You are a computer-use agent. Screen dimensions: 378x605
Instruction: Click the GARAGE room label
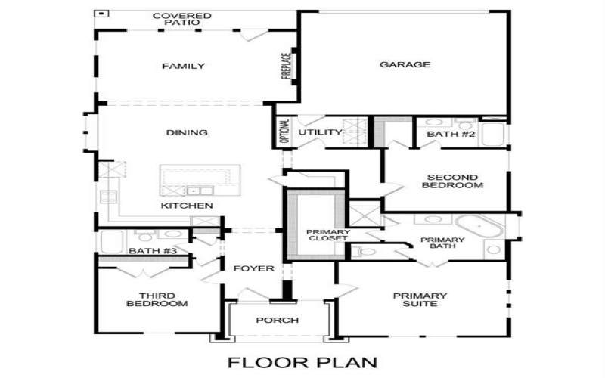pyautogui.click(x=405, y=65)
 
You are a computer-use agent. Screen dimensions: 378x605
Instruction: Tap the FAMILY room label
pyautogui.click(x=184, y=67)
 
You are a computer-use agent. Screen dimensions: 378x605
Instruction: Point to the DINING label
pyautogui.click(x=187, y=133)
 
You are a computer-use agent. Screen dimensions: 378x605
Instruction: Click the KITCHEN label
pyautogui.click(x=187, y=206)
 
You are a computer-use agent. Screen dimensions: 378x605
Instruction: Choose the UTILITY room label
pyautogui.click(x=320, y=133)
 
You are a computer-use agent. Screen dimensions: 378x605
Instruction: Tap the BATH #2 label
pyautogui.click(x=451, y=134)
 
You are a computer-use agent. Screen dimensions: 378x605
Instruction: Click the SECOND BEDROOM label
pyautogui.click(x=452, y=181)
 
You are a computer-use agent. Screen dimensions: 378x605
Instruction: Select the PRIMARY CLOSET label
pyautogui.click(x=326, y=234)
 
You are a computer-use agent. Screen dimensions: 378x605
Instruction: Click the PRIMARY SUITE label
pyautogui.click(x=420, y=299)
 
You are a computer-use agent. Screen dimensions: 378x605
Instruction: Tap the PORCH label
pyautogui.click(x=278, y=321)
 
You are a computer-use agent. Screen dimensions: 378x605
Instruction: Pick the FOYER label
pyautogui.click(x=253, y=268)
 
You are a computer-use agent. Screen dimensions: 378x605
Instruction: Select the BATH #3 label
pyautogui.click(x=141, y=251)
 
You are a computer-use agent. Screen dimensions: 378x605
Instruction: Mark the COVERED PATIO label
pyautogui.click(x=181, y=19)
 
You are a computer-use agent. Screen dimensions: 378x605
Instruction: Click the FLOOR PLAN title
pyautogui.click(x=302, y=361)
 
